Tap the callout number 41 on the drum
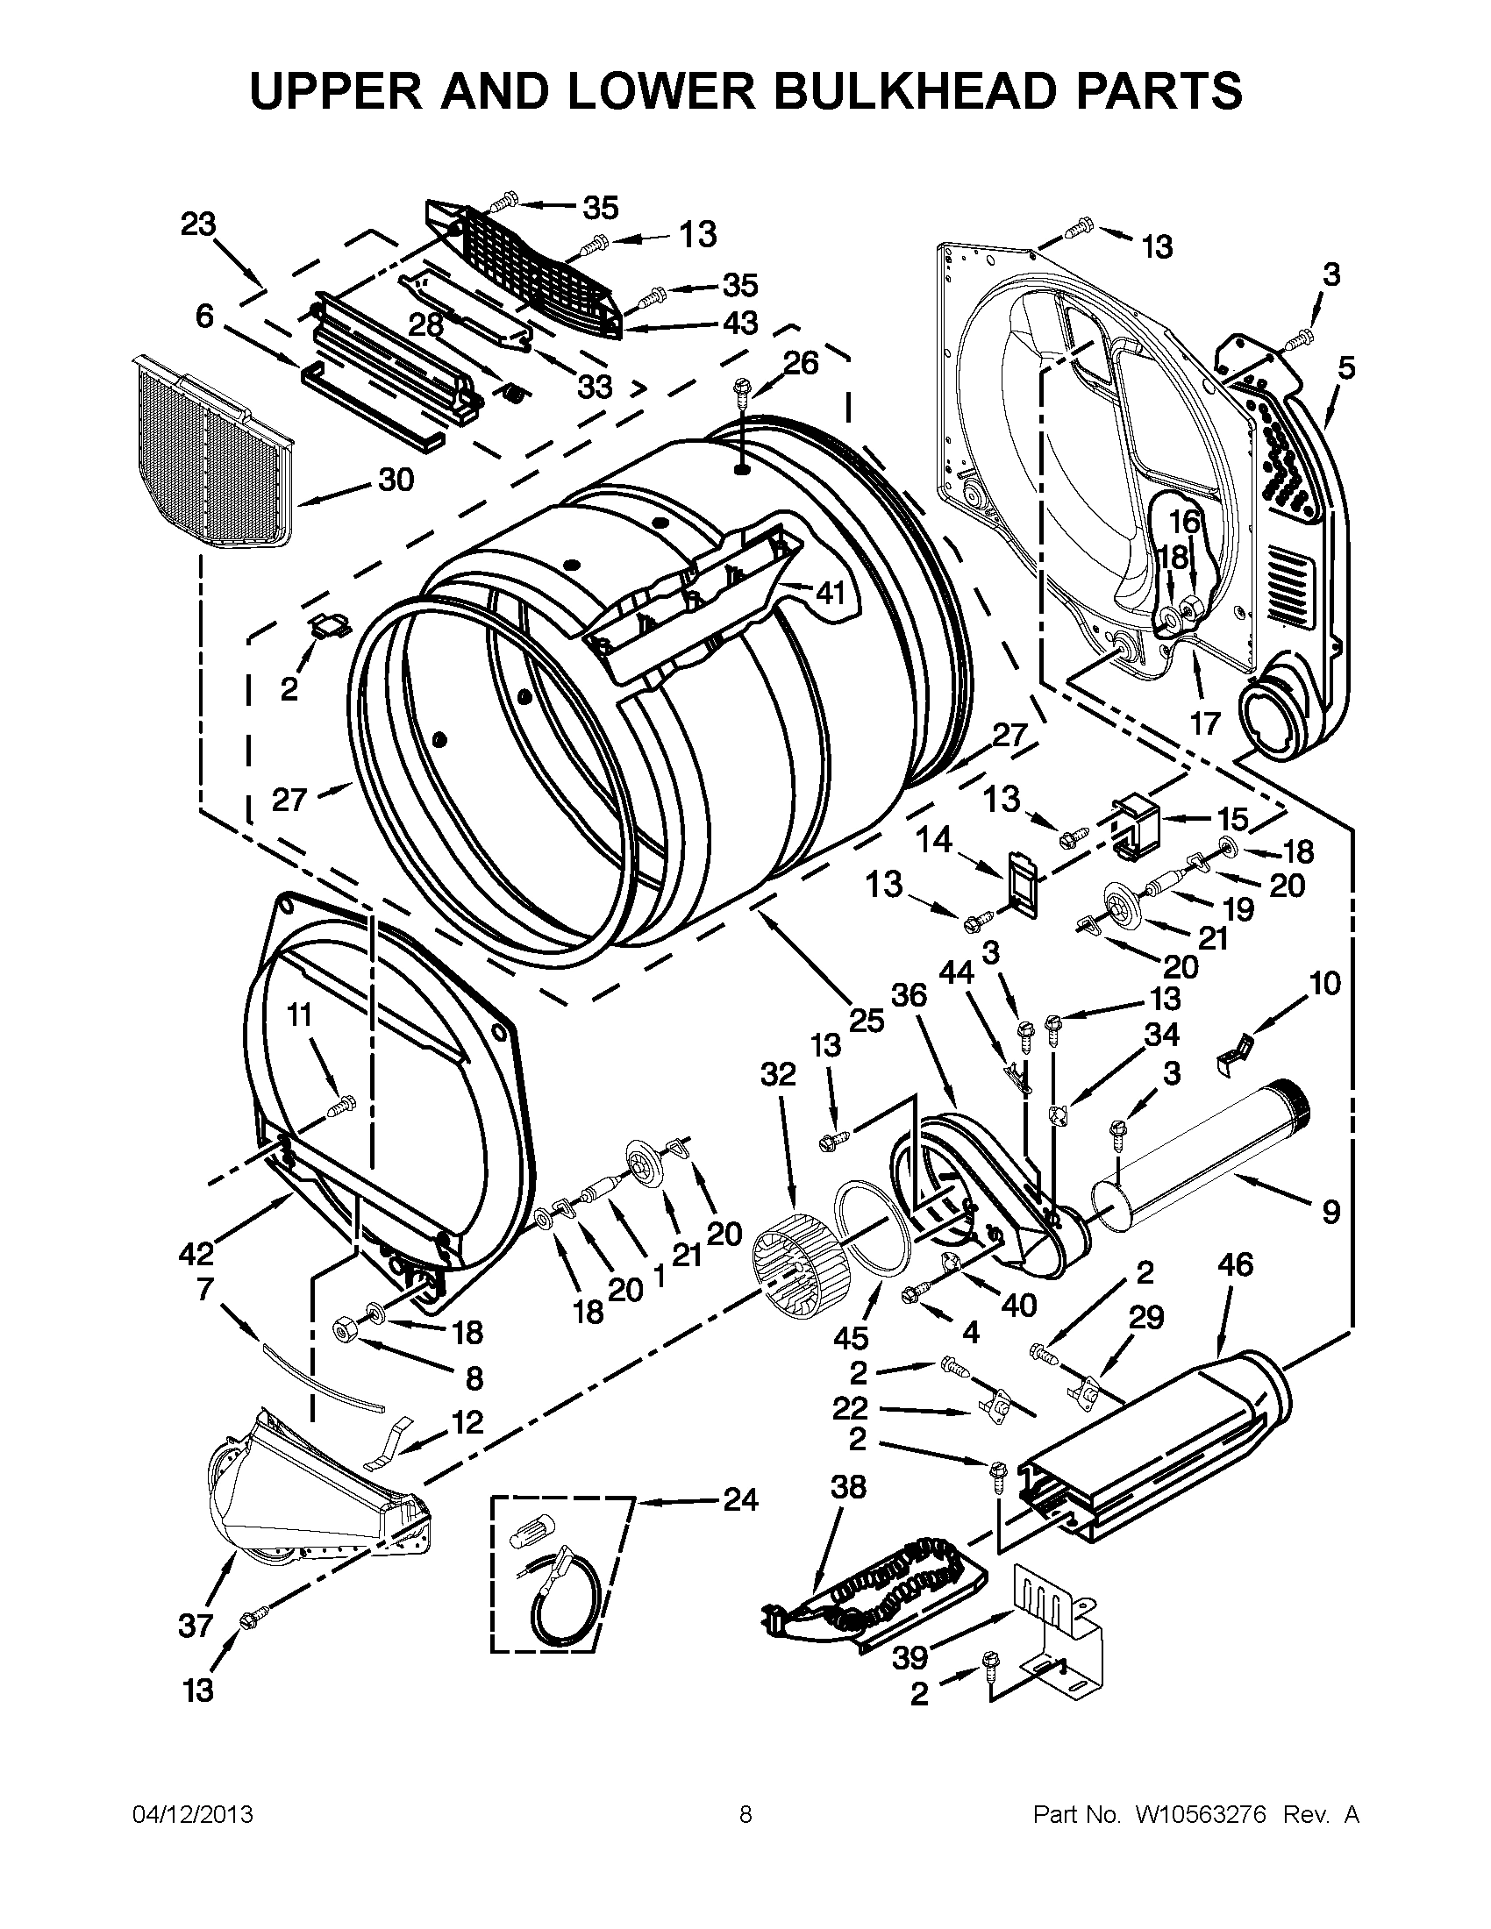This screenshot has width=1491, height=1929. pos(831,593)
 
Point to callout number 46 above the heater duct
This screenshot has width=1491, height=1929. pos(1235,1264)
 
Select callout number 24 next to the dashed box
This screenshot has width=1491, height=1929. pos(740,1498)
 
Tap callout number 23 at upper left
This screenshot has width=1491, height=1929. pos(198,224)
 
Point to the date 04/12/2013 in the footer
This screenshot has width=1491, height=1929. pos(192,1814)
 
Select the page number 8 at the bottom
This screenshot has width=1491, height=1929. pos(745,1814)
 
